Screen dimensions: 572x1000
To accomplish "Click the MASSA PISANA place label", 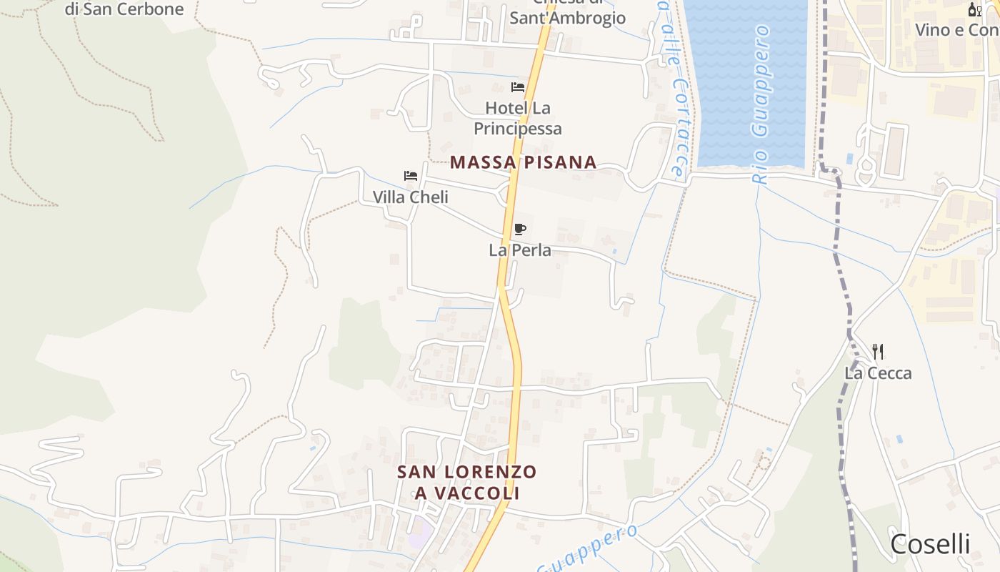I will pyautogui.click(x=523, y=162).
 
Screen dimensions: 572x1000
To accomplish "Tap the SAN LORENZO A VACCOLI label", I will pyautogui.click(x=466, y=483).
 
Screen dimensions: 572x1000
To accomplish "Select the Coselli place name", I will pyautogui.click(x=930, y=544).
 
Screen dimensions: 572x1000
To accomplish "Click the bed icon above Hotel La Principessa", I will pyautogui.click(x=518, y=87).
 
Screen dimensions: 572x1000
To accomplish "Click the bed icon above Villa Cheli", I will pyautogui.click(x=411, y=176).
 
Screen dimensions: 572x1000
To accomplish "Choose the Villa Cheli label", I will pyautogui.click(x=411, y=197).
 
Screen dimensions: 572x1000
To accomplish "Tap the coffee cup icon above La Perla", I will pyautogui.click(x=520, y=230).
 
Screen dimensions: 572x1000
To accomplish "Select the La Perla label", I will pyautogui.click(x=520, y=250).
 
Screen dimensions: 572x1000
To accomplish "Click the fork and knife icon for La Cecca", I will pyautogui.click(x=878, y=352).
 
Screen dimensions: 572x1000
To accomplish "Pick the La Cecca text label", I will pyautogui.click(x=878, y=373).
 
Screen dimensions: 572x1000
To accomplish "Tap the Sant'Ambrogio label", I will pyautogui.click(x=567, y=18).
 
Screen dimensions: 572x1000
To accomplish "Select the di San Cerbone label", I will pyautogui.click(x=124, y=9).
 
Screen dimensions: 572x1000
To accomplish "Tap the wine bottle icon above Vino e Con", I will pyautogui.click(x=974, y=9).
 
